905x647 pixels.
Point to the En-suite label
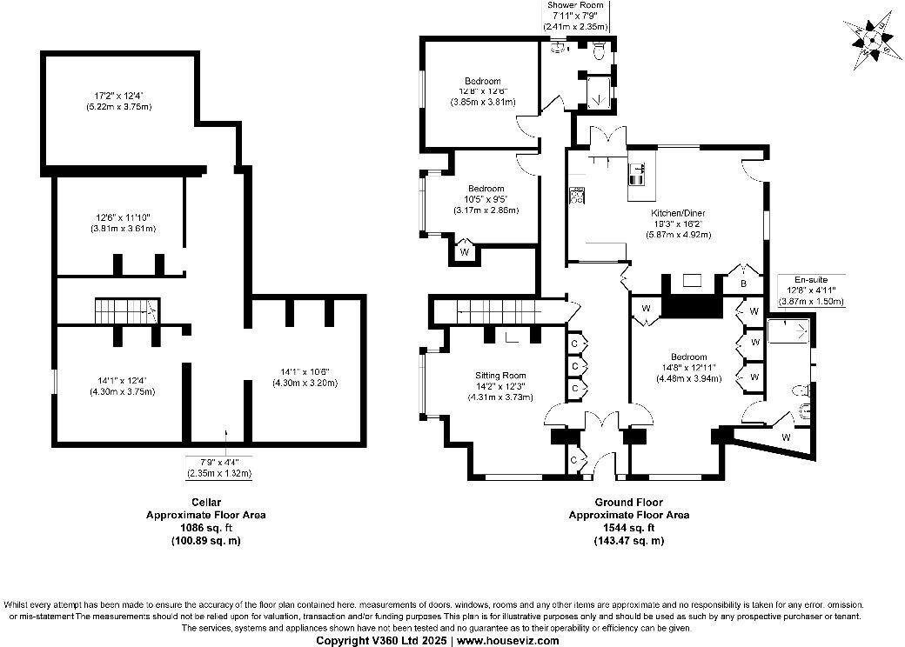point(810,280)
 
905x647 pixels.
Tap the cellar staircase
point(124,310)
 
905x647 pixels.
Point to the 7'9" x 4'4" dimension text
point(218,462)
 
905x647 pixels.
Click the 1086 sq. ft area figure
point(205,527)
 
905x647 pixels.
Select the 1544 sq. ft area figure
point(628,527)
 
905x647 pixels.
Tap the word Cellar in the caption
point(205,502)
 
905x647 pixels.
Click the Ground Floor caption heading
point(628,502)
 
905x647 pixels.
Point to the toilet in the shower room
point(597,53)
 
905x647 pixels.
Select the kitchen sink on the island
point(636,174)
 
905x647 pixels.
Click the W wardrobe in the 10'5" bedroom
point(465,252)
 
